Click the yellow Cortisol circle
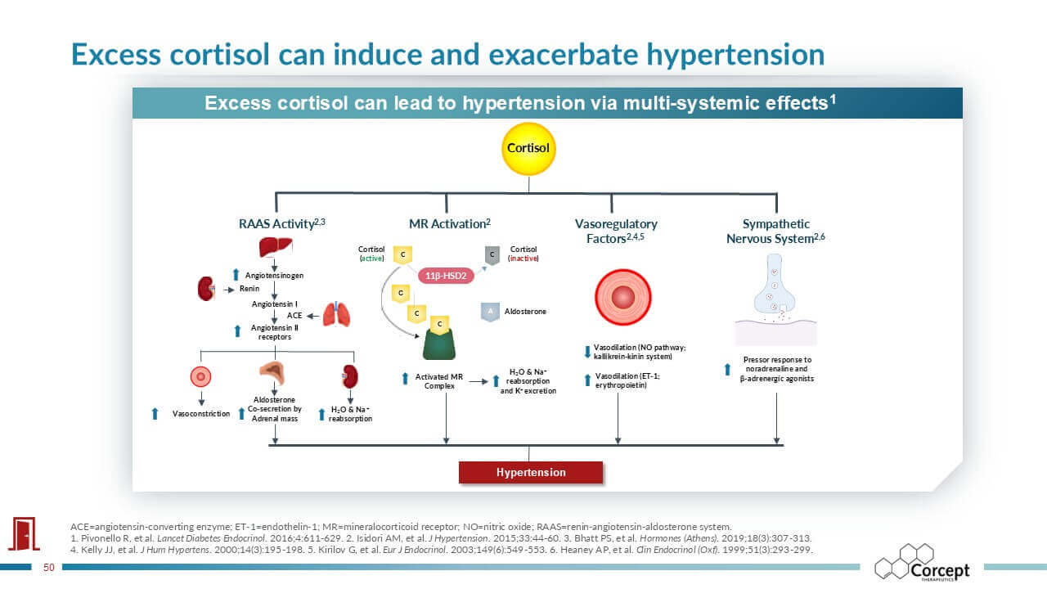(528, 149)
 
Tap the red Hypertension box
(531, 472)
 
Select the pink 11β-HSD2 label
(446, 276)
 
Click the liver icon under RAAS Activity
(276, 246)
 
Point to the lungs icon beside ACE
(336, 314)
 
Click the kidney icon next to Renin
(206, 289)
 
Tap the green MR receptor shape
(439, 344)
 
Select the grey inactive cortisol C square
(492, 254)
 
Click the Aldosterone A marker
(490, 312)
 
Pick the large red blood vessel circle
(623, 297)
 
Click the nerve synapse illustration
(775, 299)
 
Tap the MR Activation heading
(450, 224)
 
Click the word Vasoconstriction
(201, 414)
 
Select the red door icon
(24, 533)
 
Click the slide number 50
(48, 567)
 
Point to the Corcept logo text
(940, 570)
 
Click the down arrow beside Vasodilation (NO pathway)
(587, 352)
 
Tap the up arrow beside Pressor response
(727, 369)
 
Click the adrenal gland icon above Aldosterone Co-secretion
(273, 372)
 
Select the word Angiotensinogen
(274, 276)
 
